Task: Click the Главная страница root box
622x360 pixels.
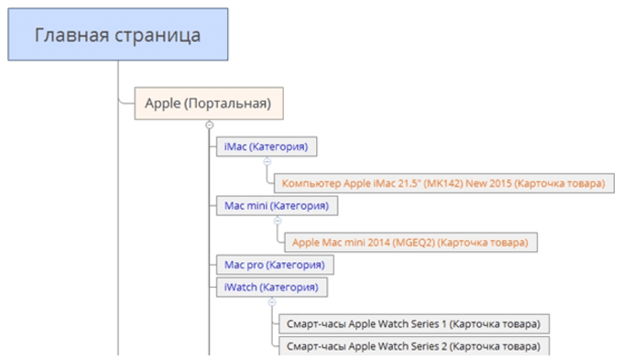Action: click(x=118, y=35)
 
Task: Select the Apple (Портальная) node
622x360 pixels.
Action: click(x=209, y=104)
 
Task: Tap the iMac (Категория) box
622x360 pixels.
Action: click(x=267, y=147)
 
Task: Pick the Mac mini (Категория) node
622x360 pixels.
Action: click(x=277, y=206)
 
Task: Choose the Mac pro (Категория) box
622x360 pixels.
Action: click(x=275, y=265)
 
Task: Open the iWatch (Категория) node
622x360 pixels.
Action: click(x=272, y=288)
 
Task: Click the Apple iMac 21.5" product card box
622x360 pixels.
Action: click(x=444, y=183)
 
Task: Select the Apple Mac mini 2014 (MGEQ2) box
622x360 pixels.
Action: click(x=410, y=243)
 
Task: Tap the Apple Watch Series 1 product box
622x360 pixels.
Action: click(x=414, y=324)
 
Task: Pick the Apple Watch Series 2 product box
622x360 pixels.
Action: click(x=414, y=346)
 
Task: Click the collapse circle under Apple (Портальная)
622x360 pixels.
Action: click(x=210, y=125)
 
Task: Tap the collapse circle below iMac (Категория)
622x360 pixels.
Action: click(x=267, y=162)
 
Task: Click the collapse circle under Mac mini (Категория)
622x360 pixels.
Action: click(x=278, y=221)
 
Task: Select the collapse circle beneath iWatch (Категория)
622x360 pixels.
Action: click(x=272, y=302)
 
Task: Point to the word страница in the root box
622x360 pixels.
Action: click(x=158, y=36)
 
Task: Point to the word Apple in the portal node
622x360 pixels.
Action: click(x=163, y=104)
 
